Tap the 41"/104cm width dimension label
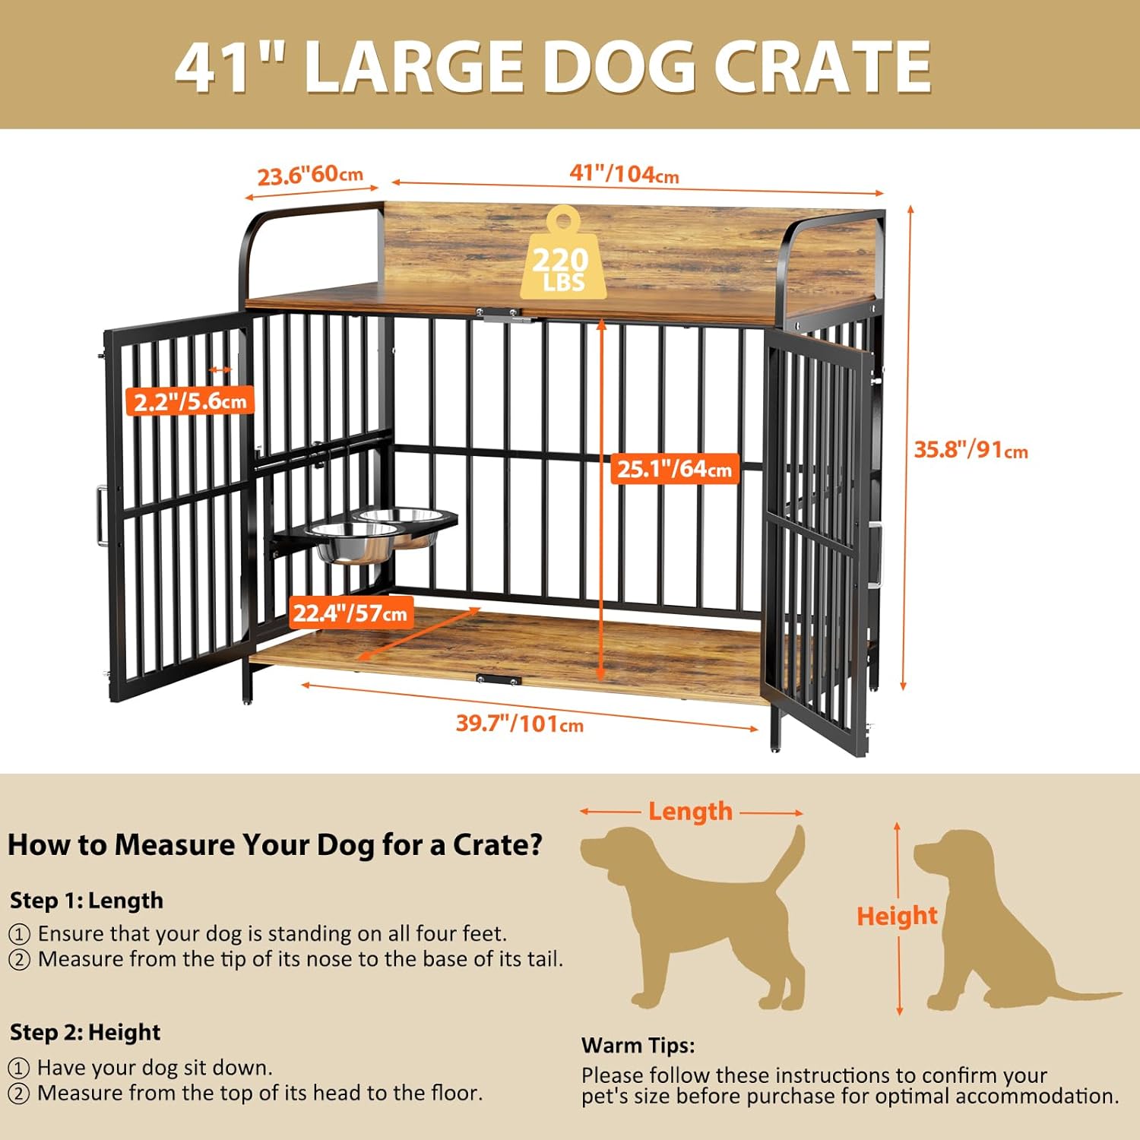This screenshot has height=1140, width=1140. [624, 174]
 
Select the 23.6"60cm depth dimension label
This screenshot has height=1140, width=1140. [310, 175]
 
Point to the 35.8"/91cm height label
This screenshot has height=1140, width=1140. [971, 449]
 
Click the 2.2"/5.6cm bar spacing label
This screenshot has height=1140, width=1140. [190, 401]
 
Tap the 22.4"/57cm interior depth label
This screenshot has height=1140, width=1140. [350, 613]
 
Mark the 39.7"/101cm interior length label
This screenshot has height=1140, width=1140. [520, 723]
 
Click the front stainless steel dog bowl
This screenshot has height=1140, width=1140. [353, 542]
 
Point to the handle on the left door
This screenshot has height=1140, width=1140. [100, 516]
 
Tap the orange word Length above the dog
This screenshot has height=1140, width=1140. [690, 812]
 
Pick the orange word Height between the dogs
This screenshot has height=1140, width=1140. [897, 916]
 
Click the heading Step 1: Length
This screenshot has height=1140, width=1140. [87, 901]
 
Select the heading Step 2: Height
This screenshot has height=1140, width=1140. [85, 1032]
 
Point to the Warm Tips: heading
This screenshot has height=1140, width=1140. [638, 1046]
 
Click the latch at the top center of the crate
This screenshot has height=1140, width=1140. [498, 314]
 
